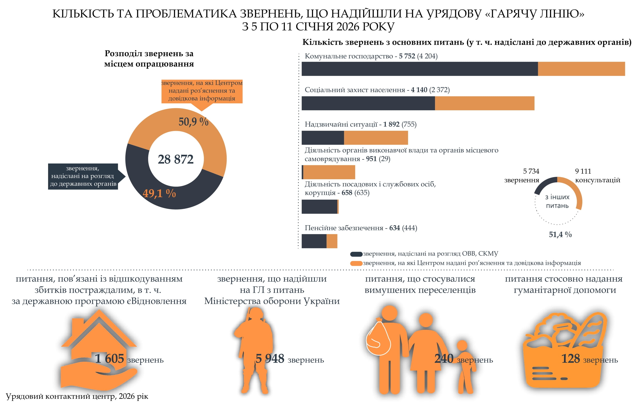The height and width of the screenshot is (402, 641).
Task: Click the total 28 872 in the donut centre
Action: [175, 159]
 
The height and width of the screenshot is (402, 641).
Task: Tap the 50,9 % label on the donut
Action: [193, 122]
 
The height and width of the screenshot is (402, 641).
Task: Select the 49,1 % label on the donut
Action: [159, 193]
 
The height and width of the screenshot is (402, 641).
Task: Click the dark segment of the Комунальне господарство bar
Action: [419, 69]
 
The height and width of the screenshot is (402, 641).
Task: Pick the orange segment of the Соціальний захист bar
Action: [484, 103]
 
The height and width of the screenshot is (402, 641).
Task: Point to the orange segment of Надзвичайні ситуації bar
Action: [376, 138]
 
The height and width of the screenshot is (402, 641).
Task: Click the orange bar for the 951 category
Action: [329, 172]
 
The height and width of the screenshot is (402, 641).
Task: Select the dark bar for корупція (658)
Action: [319, 207]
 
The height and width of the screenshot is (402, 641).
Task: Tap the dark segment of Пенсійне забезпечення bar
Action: [314, 241]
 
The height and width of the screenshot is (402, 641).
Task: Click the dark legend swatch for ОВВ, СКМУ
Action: [356, 254]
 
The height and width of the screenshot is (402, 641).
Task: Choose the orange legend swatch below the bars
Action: [356, 264]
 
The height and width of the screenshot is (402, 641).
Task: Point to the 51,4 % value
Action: [560, 235]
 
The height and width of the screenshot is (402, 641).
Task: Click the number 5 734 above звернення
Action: [531, 171]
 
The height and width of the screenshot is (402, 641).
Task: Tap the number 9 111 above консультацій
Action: [583, 171]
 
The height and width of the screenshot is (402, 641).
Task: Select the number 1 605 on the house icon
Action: [109, 359]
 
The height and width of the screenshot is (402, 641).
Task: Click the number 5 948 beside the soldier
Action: [270, 359]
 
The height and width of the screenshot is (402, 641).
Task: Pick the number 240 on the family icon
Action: [444, 359]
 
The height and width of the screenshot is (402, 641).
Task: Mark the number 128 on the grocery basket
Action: [570, 359]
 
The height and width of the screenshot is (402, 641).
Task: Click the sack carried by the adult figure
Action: [378, 338]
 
